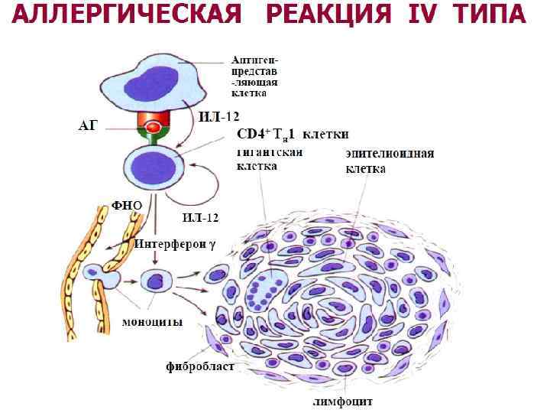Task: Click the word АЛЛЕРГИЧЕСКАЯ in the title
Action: [x=129, y=15]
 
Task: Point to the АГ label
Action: [x=89, y=125]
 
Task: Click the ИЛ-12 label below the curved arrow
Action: [x=200, y=217]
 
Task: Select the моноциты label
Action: [x=153, y=321]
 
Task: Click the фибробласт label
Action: [x=200, y=366]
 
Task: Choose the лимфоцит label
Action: [x=341, y=400]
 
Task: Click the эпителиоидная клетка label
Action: [x=390, y=160]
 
